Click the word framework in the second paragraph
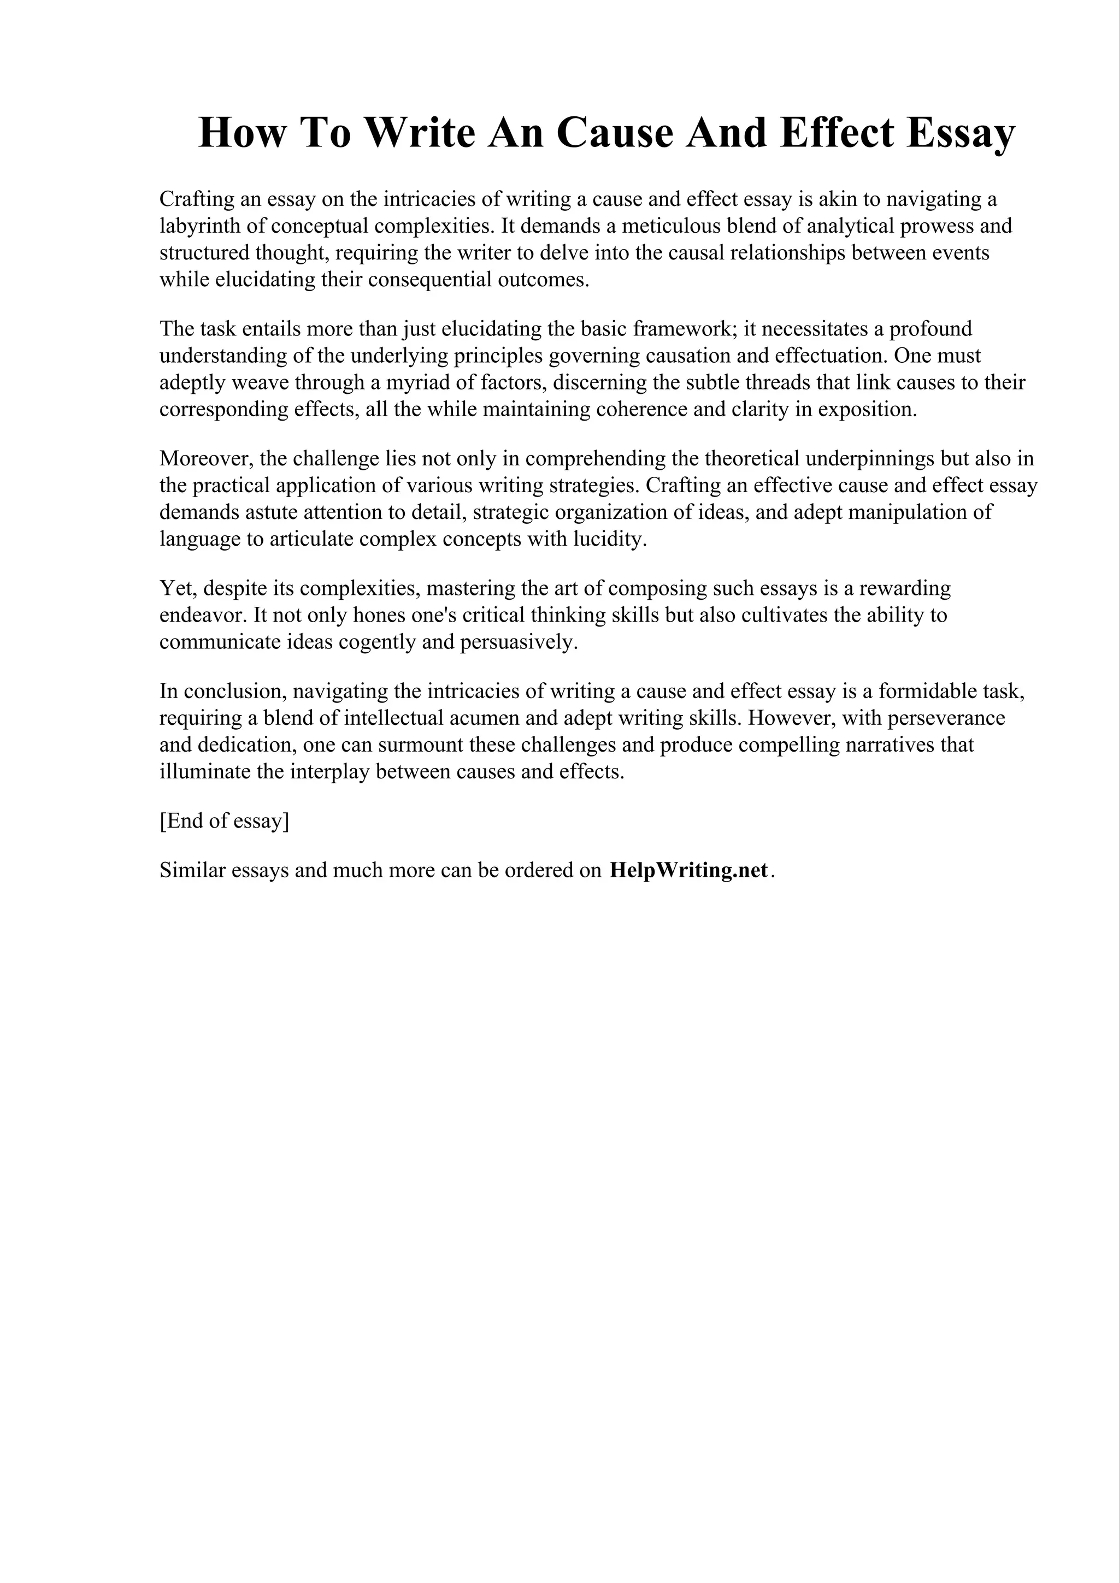[685, 329]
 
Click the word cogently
[372, 642]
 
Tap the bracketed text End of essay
[224, 821]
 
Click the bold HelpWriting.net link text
[688, 871]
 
